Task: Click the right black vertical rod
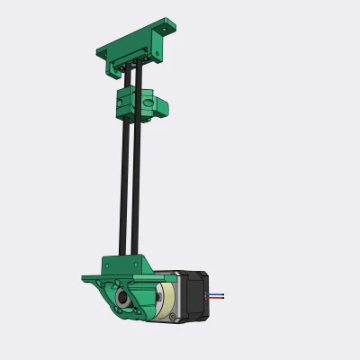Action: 135,180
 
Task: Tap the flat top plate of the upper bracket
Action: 135,40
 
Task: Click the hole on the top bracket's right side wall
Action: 157,53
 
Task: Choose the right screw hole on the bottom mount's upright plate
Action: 138,264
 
